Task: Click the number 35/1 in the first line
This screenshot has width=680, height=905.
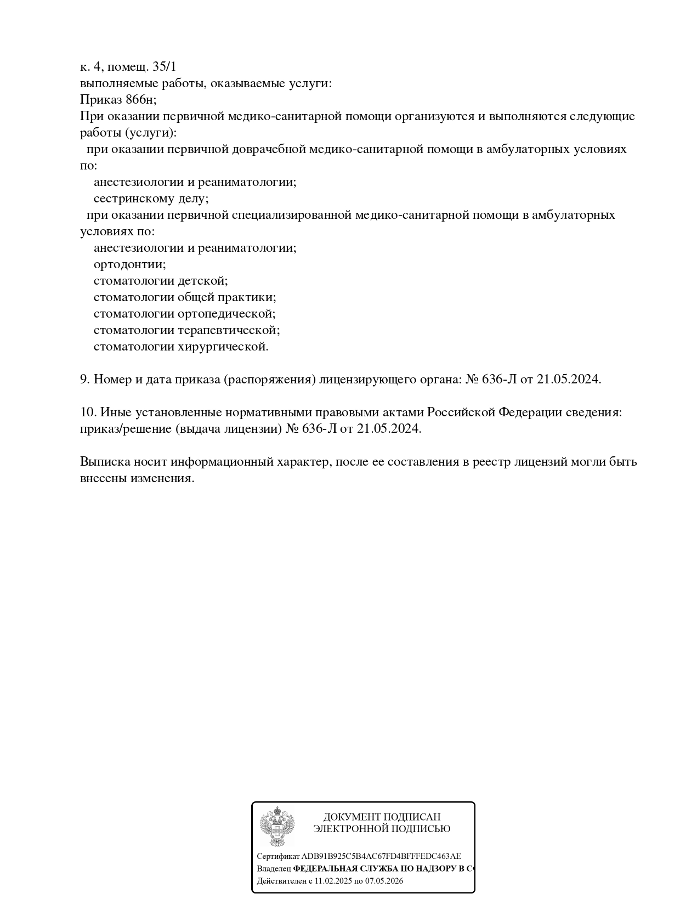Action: point(165,67)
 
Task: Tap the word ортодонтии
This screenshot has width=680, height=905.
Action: point(129,264)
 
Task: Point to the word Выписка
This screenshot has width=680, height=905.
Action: point(104,462)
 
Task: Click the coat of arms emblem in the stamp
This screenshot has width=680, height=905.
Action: point(277,826)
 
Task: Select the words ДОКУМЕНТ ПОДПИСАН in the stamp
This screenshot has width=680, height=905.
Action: point(382,817)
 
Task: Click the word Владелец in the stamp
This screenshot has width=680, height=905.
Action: point(274,869)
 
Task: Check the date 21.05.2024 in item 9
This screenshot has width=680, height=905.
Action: point(568,380)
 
